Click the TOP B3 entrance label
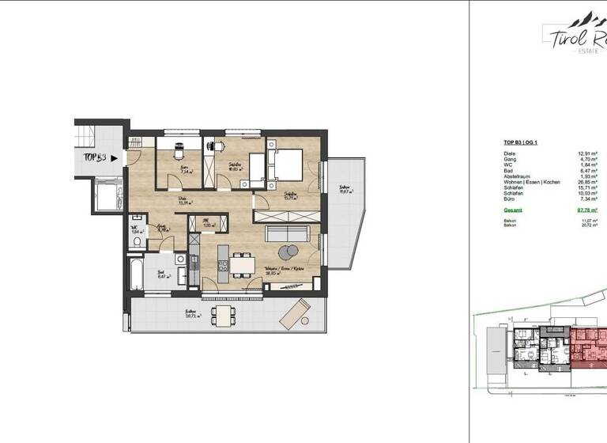[96, 157]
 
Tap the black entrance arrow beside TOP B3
[115, 157]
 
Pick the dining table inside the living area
[243, 262]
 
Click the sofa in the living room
[286, 233]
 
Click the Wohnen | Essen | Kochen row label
[532, 182]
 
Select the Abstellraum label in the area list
[518, 176]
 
